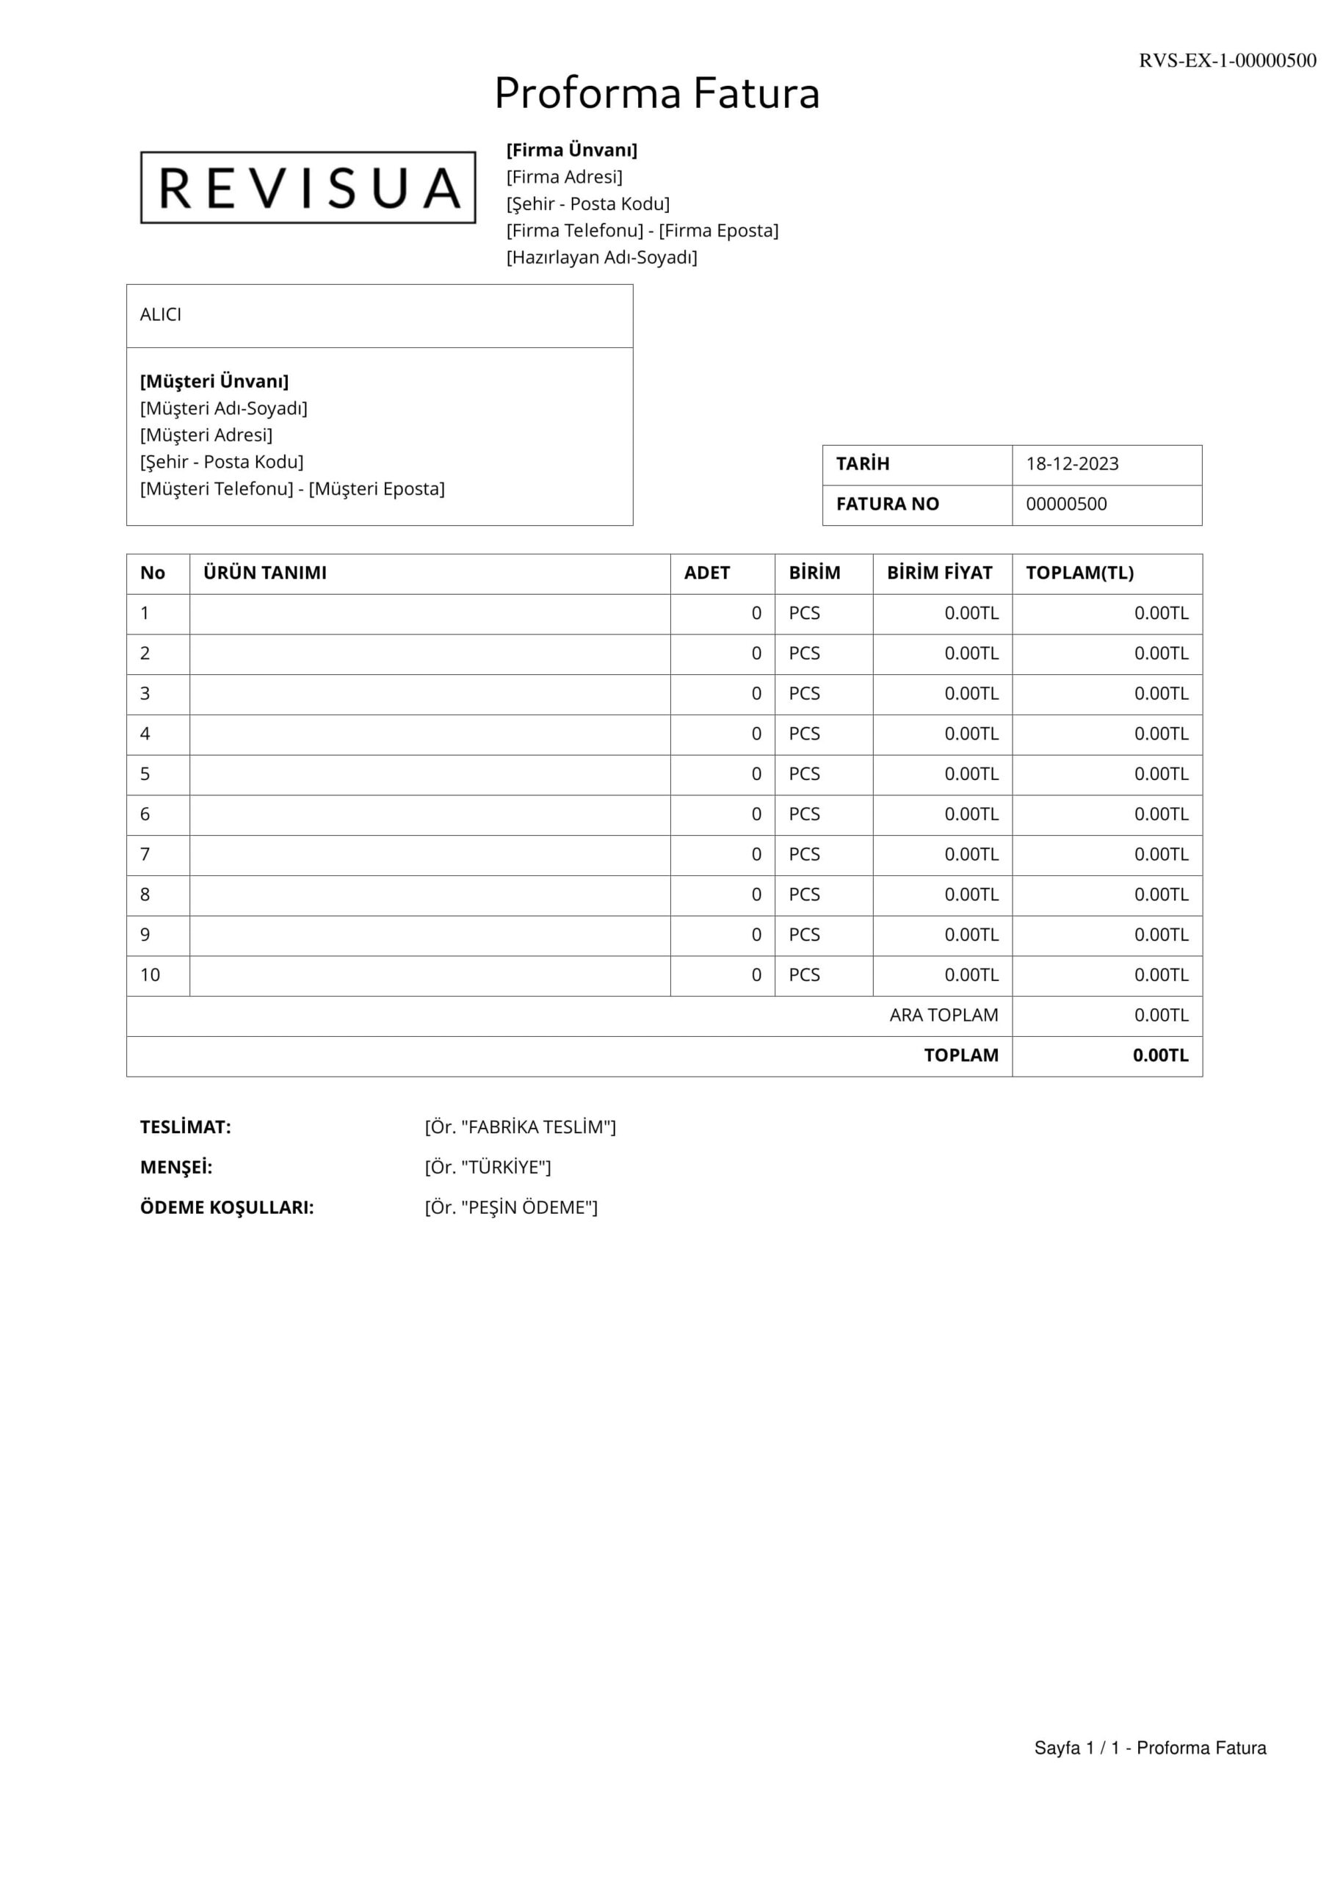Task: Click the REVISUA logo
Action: coord(308,187)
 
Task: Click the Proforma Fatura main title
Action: coord(656,93)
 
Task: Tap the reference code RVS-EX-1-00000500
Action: coord(1227,61)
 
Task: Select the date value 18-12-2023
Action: coord(1072,464)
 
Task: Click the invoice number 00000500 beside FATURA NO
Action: coord(1066,505)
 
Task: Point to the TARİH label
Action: coord(862,464)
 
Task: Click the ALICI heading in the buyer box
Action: coord(161,315)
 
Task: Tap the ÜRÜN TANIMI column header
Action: coord(264,573)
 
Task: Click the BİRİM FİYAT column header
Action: coord(939,573)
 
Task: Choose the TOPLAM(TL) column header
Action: coord(1079,573)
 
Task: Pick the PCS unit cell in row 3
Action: coord(804,693)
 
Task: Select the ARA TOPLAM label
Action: coord(944,1016)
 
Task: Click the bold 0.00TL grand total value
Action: coord(1160,1055)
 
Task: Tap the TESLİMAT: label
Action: coord(186,1127)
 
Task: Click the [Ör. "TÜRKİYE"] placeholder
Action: coord(488,1168)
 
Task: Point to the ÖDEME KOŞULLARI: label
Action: coord(227,1208)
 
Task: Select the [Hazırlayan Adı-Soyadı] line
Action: coord(602,258)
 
